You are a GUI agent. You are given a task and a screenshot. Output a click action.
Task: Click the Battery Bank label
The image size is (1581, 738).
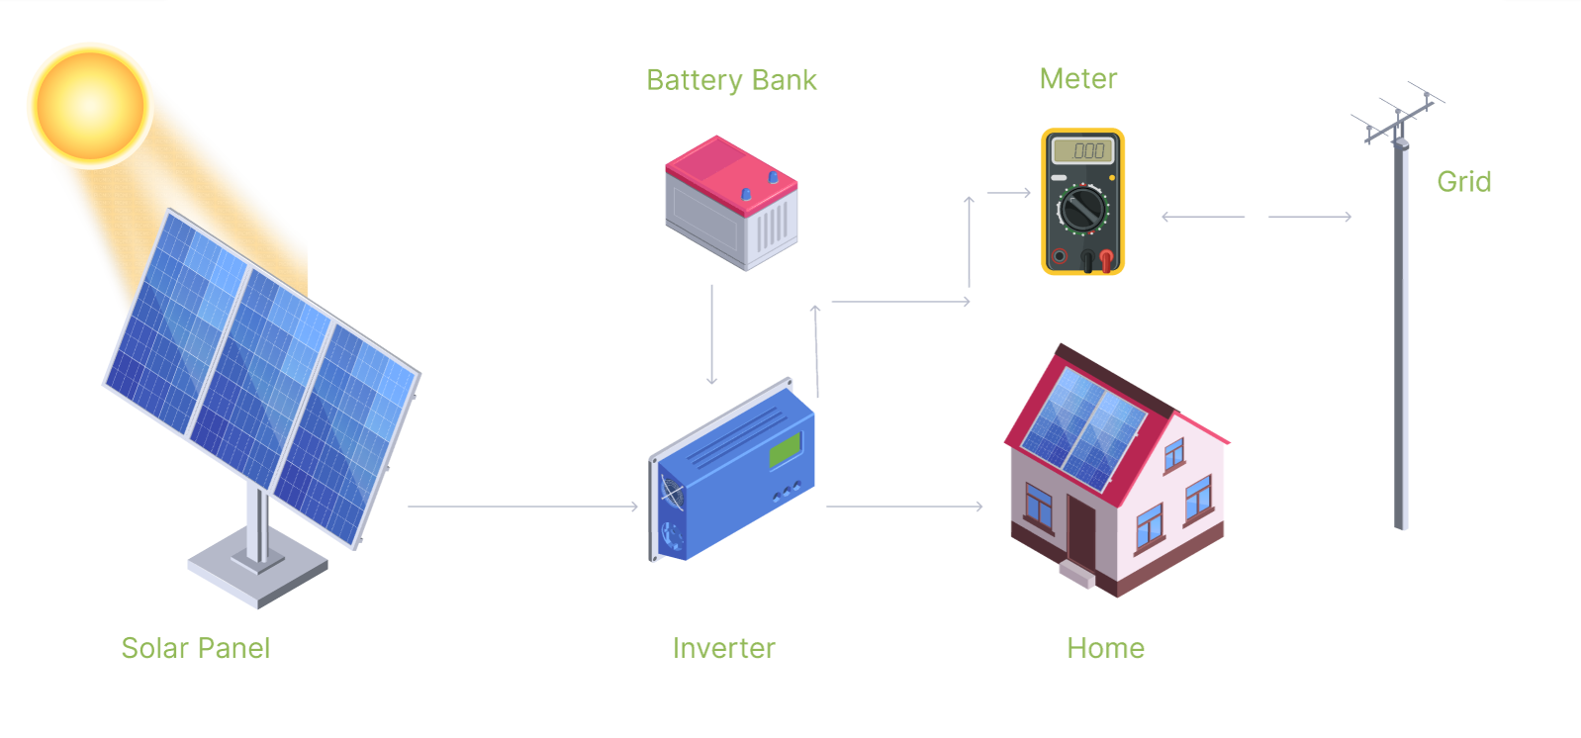(731, 80)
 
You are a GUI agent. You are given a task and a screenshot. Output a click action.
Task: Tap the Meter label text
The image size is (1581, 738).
(1078, 78)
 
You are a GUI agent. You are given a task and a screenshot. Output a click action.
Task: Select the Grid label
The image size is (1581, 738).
(1464, 181)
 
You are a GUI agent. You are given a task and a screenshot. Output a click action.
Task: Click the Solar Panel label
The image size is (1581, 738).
(196, 648)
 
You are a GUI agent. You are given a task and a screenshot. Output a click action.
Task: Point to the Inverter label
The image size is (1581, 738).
(723, 648)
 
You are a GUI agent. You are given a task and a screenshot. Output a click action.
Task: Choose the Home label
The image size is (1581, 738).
(1105, 648)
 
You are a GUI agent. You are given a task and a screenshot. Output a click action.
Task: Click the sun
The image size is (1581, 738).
(90, 105)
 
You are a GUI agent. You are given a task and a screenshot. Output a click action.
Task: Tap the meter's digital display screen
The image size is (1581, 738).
(1082, 150)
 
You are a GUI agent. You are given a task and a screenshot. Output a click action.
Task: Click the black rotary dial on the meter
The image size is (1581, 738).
(1082, 209)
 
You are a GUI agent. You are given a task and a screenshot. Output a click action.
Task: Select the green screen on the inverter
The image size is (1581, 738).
(785, 450)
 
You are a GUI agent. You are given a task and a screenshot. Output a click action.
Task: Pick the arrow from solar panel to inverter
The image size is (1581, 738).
(523, 506)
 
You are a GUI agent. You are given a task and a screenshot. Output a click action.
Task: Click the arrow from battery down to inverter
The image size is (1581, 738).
(711, 334)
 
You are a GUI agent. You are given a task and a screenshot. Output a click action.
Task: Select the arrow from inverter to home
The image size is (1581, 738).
(904, 506)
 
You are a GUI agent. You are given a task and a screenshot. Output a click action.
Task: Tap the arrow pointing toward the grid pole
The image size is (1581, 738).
(1310, 217)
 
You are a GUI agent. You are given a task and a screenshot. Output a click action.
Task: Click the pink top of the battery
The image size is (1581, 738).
(731, 174)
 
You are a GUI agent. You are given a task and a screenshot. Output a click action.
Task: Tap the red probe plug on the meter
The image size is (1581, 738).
(1106, 260)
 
